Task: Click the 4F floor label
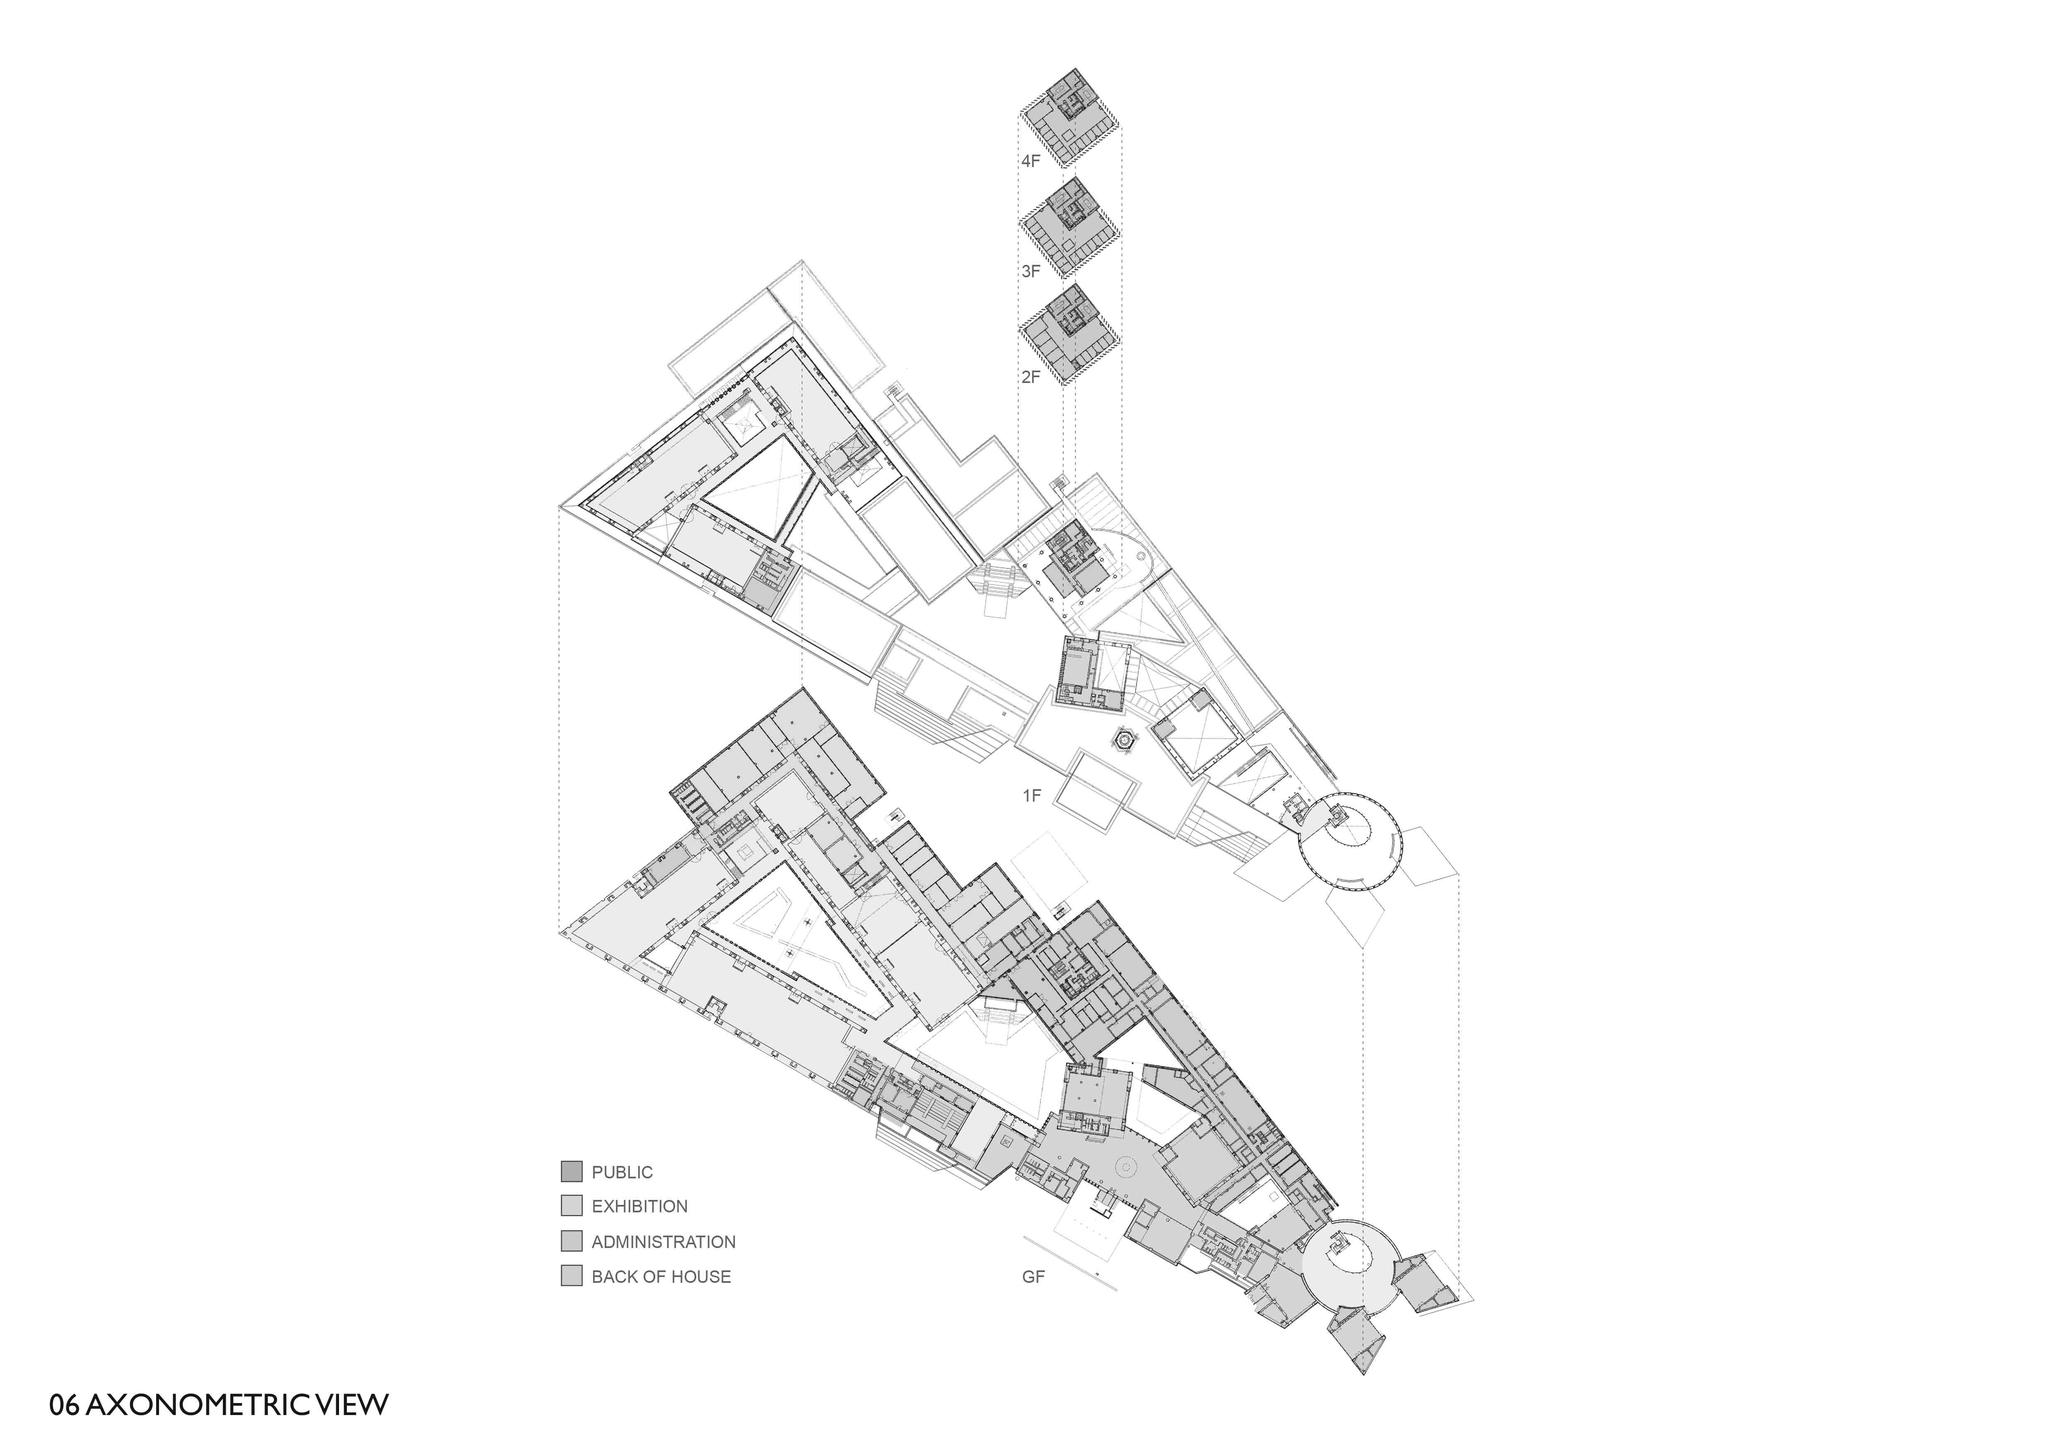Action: tap(1031, 162)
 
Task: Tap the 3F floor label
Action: tap(1031, 270)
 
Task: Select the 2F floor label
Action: tap(1031, 377)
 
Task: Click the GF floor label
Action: tap(1033, 1277)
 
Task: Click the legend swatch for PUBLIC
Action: tap(572, 1171)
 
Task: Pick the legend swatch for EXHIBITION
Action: tap(572, 1206)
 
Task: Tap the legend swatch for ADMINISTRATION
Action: tap(572, 1241)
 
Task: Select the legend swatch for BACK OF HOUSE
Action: tap(572, 1276)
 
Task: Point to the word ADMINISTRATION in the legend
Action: tap(664, 1242)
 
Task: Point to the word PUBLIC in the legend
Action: tap(622, 1172)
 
